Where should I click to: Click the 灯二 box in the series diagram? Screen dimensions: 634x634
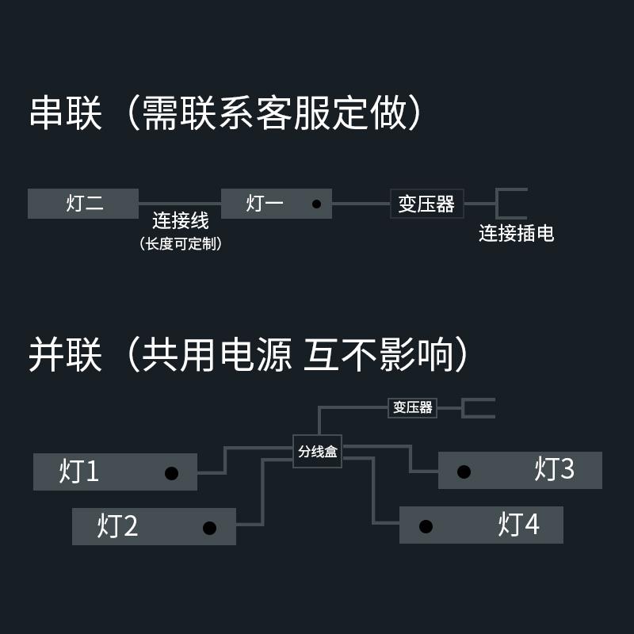coord(83,204)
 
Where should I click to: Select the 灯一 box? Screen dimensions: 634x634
coord(276,204)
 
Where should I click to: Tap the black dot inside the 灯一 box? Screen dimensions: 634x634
coord(316,204)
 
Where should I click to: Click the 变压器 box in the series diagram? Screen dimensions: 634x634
coord(426,204)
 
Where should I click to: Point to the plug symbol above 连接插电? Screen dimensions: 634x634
coord(510,203)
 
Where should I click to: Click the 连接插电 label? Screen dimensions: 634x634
coord(516,233)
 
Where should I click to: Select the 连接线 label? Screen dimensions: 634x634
coord(180,221)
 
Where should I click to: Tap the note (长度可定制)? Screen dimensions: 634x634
coord(180,243)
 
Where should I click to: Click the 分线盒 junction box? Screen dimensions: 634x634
coord(317,452)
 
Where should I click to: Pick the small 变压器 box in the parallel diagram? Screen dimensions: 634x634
coord(413,407)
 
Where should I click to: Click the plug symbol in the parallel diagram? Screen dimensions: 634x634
coord(478,408)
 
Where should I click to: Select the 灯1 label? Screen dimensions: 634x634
coord(79,472)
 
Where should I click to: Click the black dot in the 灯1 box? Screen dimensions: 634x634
coord(170,473)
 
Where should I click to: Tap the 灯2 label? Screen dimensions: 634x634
coord(118,526)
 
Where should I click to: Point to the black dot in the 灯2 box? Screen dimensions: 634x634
coord(209,528)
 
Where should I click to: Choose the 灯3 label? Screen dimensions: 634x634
coord(555,469)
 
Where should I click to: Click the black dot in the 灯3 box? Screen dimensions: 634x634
coord(464,472)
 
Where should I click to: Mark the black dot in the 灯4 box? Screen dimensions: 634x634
coord(426,526)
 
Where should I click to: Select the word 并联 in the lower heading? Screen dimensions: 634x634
coord(67,355)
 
